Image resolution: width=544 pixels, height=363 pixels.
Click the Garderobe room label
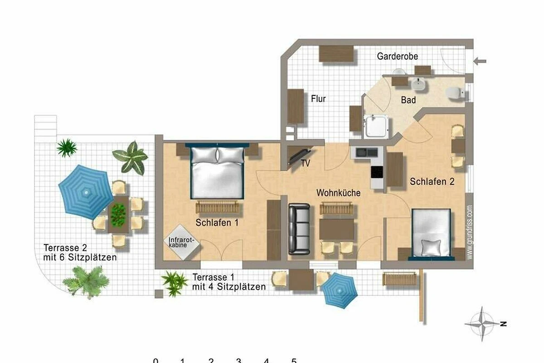(x=397, y=56)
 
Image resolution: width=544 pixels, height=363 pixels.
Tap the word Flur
(x=318, y=99)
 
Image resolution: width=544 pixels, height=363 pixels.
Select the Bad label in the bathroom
(x=408, y=100)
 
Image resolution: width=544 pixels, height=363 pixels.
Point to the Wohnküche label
(x=338, y=193)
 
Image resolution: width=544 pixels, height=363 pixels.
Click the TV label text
(x=306, y=163)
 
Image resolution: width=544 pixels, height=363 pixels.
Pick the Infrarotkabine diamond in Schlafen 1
(x=181, y=242)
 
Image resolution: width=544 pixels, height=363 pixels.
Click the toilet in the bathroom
(x=455, y=93)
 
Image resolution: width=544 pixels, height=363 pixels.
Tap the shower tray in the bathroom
(x=376, y=127)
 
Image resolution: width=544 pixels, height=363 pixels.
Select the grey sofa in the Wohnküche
(x=299, y=229)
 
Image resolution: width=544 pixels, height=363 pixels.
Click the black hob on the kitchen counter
(x=377, y=172)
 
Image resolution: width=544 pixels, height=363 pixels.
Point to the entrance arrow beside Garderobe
(x=480, y=61)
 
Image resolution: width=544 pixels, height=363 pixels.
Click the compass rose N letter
(x=504, y=324)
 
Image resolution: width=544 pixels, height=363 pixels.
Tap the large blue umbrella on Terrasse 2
(x=86, y=192)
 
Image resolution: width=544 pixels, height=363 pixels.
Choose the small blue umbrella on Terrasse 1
(x=339, y=290)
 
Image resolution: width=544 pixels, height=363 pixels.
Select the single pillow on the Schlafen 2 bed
(x=431, y=247)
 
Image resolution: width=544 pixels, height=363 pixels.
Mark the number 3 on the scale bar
(x=239, y=361)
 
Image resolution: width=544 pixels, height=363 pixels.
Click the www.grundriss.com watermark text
(x=470, y=232)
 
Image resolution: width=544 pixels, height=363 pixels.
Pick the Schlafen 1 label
(x=217, y=223)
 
